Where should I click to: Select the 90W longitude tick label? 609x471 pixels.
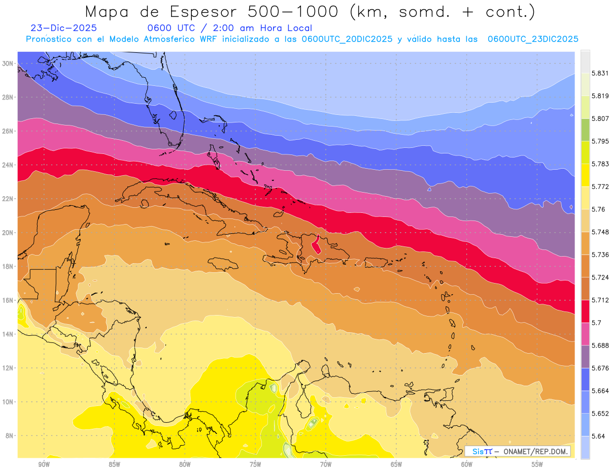(x=44, y=464)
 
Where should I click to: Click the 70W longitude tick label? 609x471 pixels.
(x=325, y=464)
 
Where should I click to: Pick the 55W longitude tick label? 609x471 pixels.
(x=537, y=464)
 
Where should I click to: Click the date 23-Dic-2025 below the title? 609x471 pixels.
(x=63, y=28)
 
